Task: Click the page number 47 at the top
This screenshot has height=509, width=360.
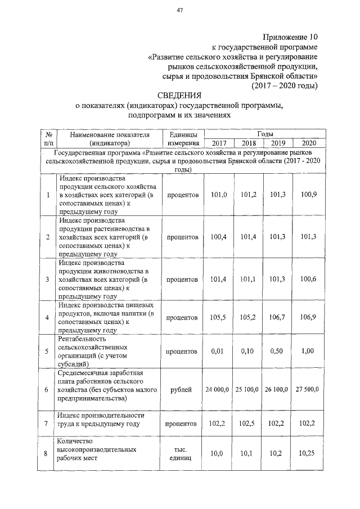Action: point(180,10)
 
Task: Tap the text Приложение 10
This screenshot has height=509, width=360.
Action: point(288,37)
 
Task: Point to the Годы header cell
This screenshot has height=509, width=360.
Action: point(265,134)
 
